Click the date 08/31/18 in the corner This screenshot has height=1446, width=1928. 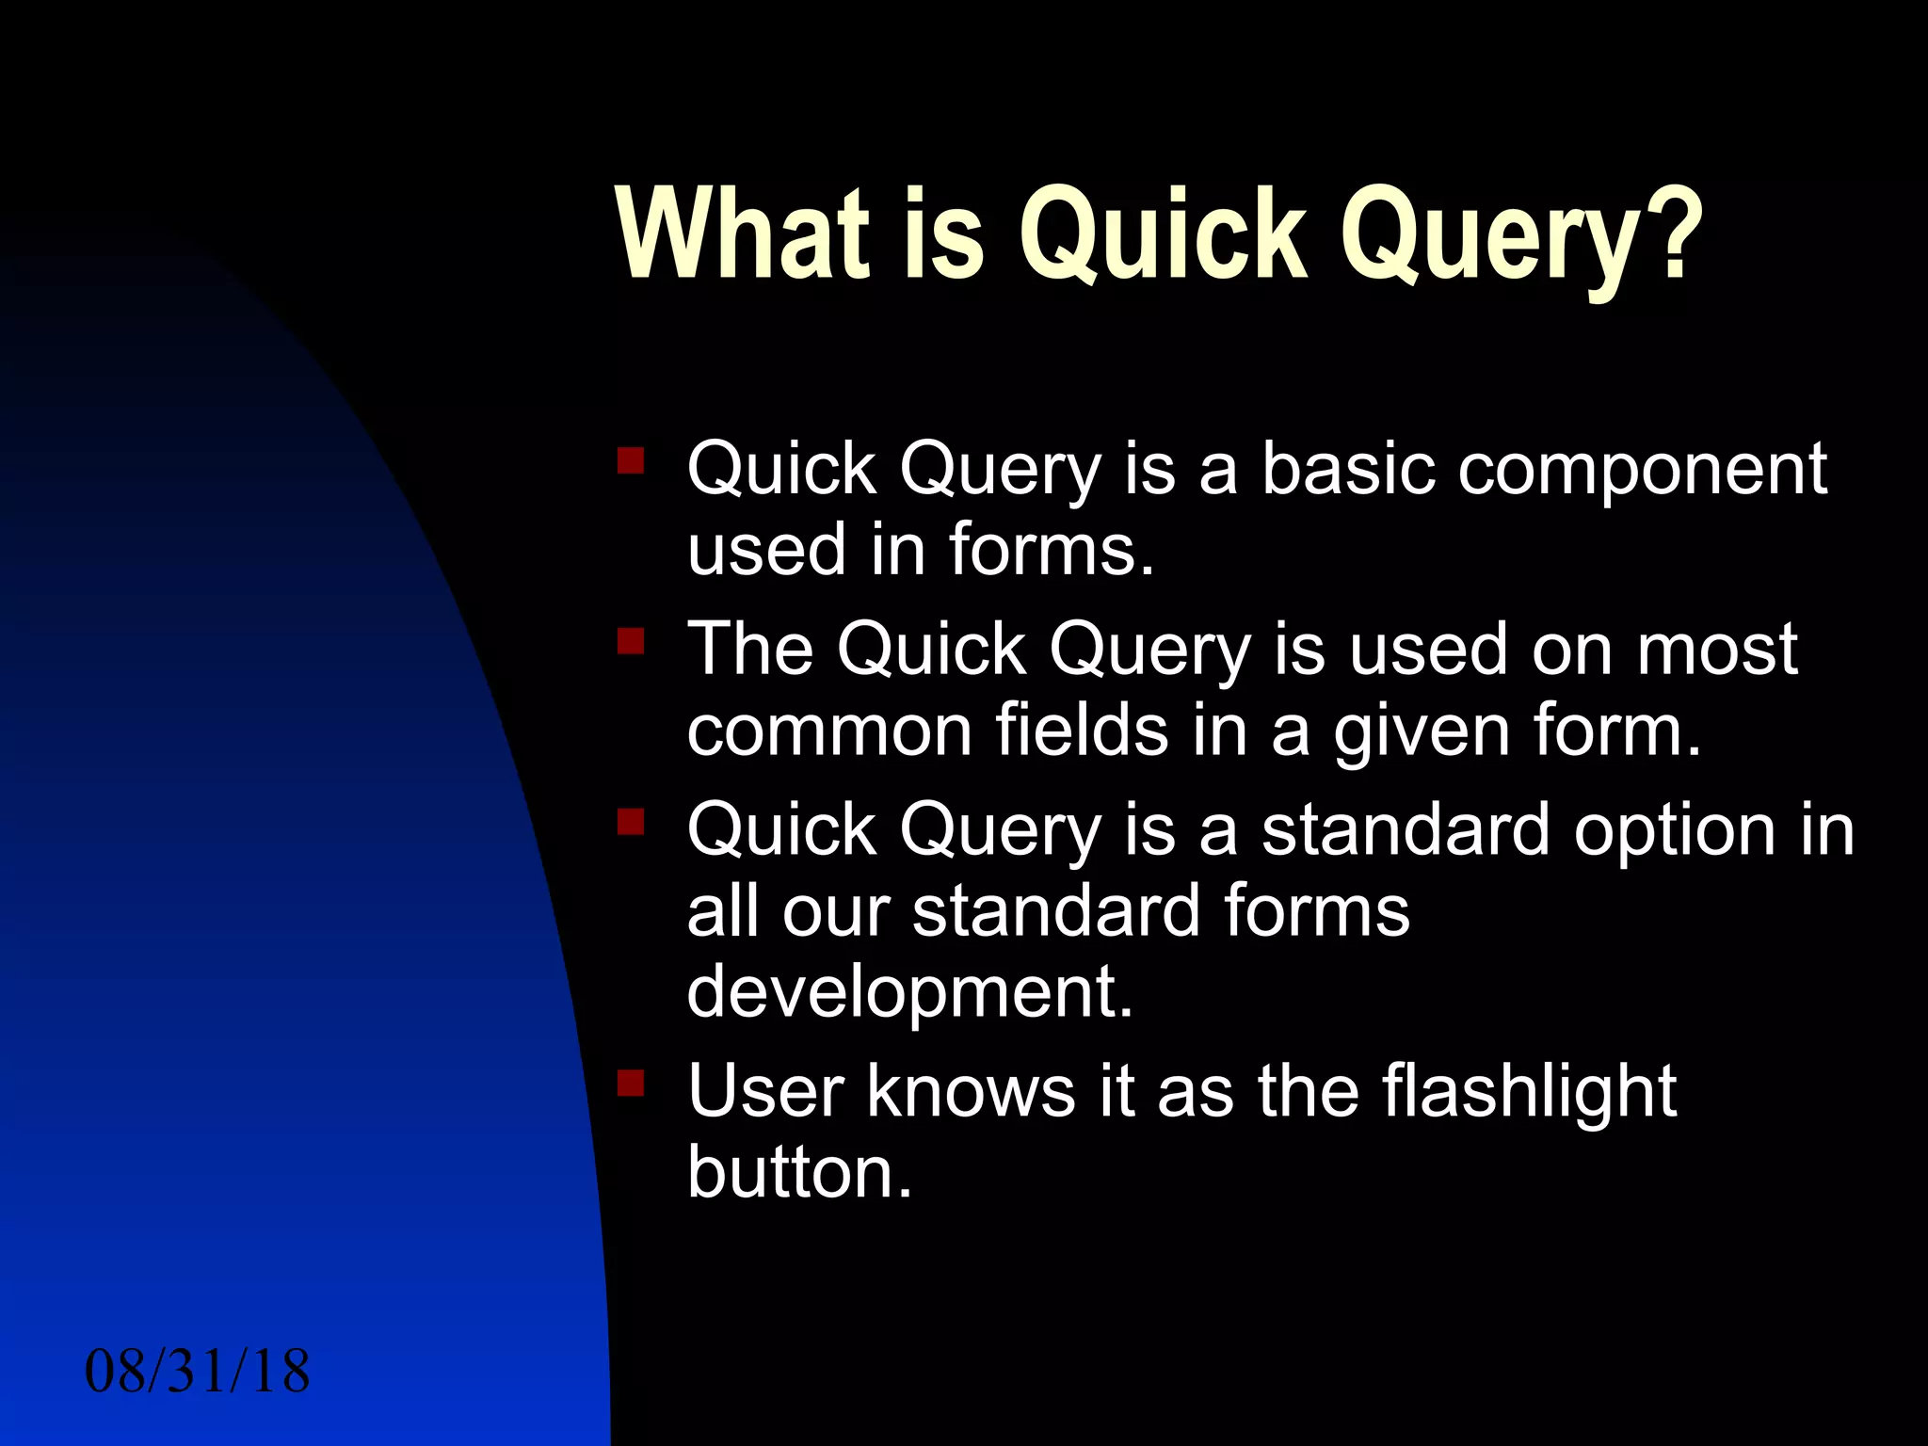click(x=197, y=1372)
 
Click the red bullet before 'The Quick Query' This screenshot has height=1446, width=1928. click(x=630, y=642)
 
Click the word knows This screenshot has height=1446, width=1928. click(x=971, y=1092)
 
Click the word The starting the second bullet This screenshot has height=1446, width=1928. click(x=750, y=650)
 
